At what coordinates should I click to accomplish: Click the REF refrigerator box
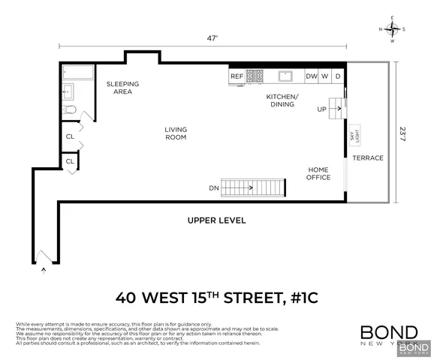tap(237, 76)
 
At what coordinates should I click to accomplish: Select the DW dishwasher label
tap(311, 76)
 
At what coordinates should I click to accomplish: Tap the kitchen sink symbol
tap(285, 76)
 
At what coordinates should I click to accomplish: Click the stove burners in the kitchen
tap(256, 76)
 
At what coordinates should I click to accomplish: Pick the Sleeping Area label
tap(122, 88)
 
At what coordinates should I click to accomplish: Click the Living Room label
tap(176, 133)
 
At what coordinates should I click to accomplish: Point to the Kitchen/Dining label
tap(282, 100)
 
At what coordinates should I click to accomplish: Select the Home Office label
tap(318, 173)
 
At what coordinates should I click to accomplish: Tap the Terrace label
tap(368, 158)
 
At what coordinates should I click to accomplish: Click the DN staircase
tap(255, 187)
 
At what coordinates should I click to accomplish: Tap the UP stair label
tap(323, 109)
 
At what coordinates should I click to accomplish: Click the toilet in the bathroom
tap(70, 111)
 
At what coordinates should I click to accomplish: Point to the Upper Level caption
tap(216, 220)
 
